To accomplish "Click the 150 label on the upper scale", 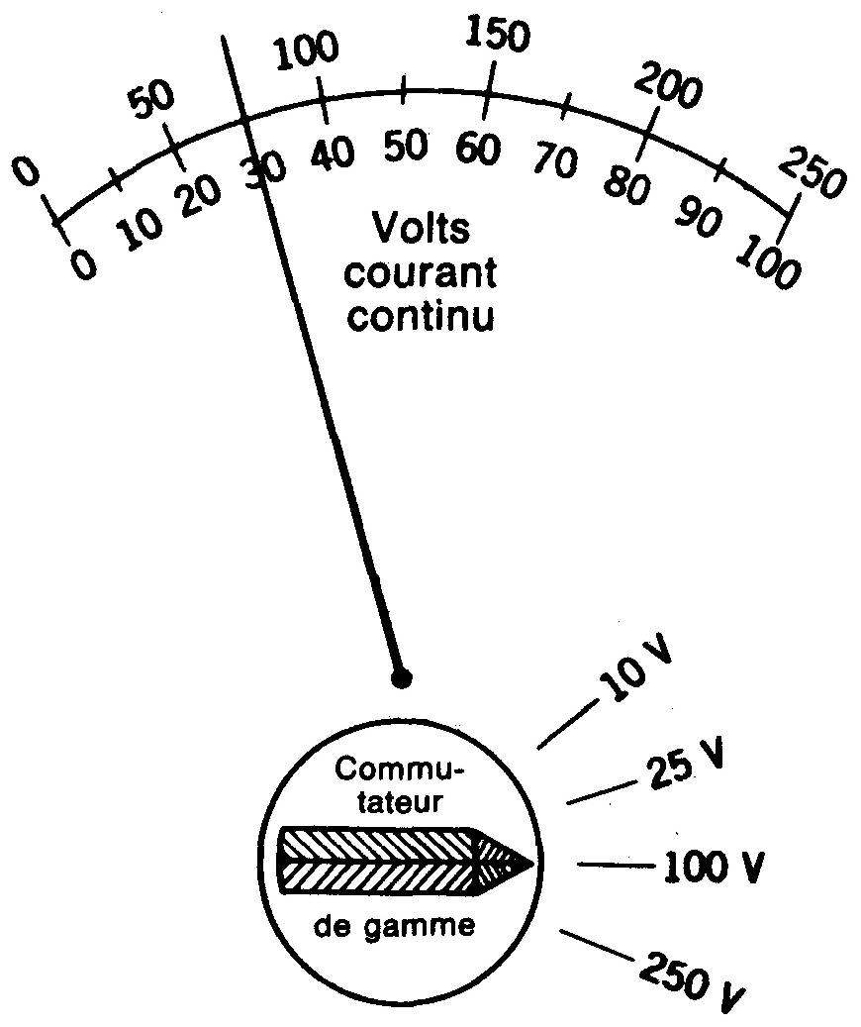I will tap(497, 37).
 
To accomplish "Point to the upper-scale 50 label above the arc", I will tap(153, 99).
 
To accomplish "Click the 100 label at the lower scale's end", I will tap(768, 264).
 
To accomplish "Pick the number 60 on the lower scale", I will tap(479, 150).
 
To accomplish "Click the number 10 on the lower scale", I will tap(142, 230).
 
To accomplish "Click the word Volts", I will tap(420, 229).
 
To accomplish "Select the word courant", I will tap(420, 273).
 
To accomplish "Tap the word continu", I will tap(420, 318).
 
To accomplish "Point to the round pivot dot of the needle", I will tap(401, 677).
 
